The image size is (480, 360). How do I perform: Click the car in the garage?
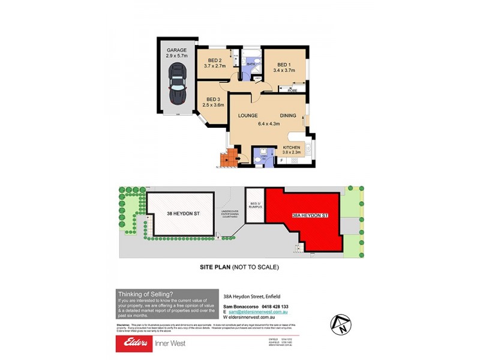pos(177,85)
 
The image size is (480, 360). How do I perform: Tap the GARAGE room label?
pos(177,50)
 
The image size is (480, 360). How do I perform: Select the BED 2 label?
pos(215,61)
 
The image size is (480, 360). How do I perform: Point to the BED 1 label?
pos(284,65)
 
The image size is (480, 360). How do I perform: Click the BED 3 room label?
pos(214,100)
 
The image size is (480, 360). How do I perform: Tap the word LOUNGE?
pos(248,116)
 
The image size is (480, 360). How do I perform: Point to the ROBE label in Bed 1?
pos(292,90)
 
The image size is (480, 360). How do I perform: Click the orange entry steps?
pos(227,159)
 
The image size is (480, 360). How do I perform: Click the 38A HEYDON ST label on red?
pos(310,215)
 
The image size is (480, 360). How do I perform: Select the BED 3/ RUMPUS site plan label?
pos(255,206)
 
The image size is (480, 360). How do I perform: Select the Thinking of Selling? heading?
pos(145,293)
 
